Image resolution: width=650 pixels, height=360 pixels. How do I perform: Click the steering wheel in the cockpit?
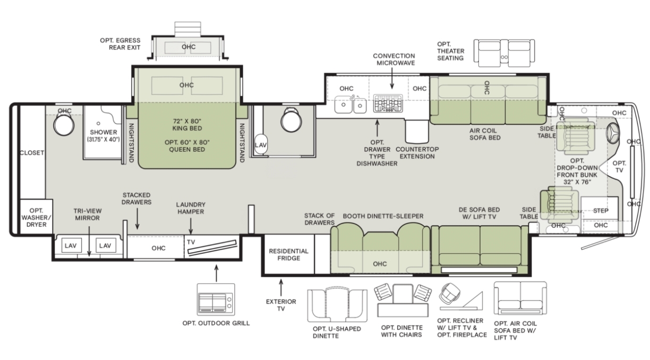[613, 133]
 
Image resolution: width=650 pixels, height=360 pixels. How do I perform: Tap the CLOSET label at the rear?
[32, 152]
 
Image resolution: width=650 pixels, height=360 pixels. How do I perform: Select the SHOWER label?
[104, 132]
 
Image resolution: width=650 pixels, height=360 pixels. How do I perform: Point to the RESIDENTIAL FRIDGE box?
[288, 254]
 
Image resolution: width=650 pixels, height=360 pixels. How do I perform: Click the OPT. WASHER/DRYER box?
[36, 217]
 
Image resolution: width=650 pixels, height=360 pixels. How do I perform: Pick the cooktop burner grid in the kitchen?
[388, 103]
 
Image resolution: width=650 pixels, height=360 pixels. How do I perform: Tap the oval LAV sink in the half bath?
[261, 144]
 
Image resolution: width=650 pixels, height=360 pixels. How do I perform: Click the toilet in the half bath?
[291, 119]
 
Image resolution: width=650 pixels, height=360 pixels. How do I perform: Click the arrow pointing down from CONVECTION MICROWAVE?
[392, 78]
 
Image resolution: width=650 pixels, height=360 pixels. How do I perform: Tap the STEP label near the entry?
[601, 211]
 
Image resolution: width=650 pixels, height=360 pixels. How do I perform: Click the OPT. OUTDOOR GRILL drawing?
[216, 299]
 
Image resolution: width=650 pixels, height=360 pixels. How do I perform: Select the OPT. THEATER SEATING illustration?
[504, 53]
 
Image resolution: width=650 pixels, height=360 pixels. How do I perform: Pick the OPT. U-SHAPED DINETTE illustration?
[337, 305]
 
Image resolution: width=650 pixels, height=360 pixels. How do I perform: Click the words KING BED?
[187, 128]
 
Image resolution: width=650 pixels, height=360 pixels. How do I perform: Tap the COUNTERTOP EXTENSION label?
[417, 153]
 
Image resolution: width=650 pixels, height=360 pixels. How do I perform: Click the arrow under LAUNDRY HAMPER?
[191, 226]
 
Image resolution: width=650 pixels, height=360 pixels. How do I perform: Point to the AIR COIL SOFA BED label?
[485, 134]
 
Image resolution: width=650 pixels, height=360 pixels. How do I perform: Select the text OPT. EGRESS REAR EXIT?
[120, 44]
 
